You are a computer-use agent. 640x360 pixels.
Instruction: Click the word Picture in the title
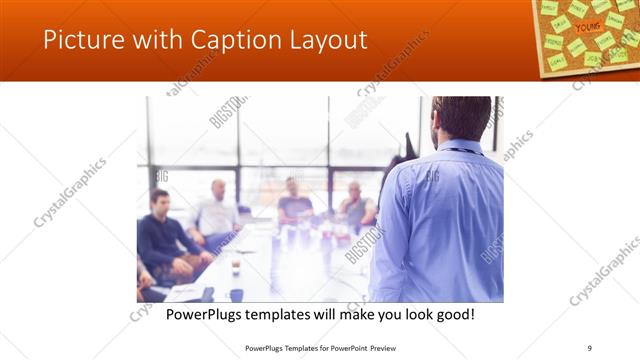click(x=79, y=40)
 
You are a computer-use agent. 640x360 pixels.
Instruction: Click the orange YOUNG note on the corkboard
click(x=587, y=27)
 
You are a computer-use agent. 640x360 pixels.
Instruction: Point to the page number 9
click(x=591, y=348)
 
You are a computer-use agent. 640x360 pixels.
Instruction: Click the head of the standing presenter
click(x=461, y=118)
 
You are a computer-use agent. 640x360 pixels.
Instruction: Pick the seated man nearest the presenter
click(x=355, y=205)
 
